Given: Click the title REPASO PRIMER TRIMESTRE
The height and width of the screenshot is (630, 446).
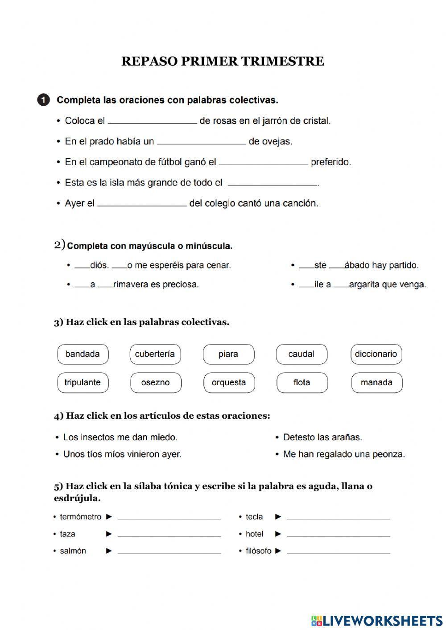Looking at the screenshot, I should (x=223, y=61).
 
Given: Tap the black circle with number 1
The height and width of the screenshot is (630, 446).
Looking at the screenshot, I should (x=43, y=100).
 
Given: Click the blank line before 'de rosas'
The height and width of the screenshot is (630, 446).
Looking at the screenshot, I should (x=152, y=120).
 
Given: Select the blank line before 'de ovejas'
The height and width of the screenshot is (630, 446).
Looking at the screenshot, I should (x=201, y=141).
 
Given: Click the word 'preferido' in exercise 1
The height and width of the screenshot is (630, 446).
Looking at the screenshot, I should (x=330, y=162).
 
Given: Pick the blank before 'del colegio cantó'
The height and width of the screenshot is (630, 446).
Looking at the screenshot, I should (x=142, y=203).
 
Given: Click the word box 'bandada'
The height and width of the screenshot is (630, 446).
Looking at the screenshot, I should (x=83, y=354).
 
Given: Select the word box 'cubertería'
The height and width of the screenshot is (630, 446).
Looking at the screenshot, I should (x=155, y=354).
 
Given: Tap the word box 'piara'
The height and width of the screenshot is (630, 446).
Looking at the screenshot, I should (x=228, y=354).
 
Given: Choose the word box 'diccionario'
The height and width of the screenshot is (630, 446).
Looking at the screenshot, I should (x=376, y=354).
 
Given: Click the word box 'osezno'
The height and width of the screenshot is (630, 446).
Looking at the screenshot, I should (x=155, y=383).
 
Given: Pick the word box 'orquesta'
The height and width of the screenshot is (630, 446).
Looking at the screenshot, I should (x=228, y=383).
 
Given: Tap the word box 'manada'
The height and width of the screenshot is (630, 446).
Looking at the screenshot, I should (x=376, y=383).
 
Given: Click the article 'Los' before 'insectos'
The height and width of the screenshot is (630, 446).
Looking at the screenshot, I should (x=70, y=437).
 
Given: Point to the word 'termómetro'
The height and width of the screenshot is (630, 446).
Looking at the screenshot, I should (x=81, y=517).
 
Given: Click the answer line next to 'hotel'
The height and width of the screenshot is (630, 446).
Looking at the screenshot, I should (x=338, y=534).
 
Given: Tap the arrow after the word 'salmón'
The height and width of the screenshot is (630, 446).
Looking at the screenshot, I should (x=109, y=551).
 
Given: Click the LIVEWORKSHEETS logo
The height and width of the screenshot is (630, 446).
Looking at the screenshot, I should (x=377, y=620).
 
